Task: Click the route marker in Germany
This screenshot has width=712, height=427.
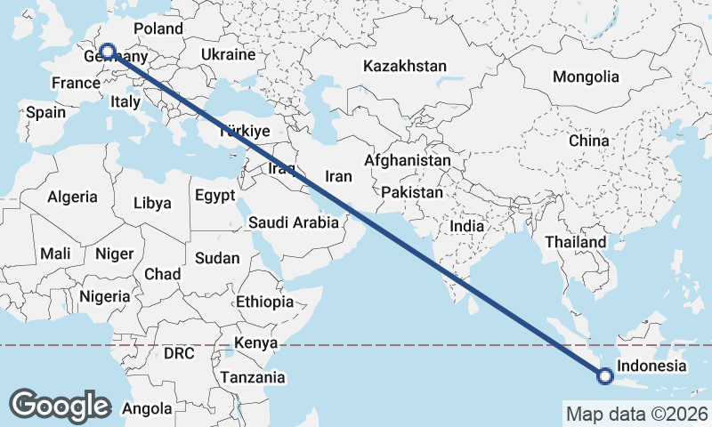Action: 108,52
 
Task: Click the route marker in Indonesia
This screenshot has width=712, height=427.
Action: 605,376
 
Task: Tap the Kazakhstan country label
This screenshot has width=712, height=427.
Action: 404,67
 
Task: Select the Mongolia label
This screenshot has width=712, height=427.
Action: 585,77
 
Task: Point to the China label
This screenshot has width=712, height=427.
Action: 589,141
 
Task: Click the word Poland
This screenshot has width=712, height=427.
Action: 158,28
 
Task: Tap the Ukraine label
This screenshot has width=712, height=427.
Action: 229,54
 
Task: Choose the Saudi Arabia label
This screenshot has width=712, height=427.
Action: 294,222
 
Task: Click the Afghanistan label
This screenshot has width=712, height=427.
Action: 407,161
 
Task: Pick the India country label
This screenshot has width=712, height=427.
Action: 467,226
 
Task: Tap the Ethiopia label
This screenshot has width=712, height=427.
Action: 264,302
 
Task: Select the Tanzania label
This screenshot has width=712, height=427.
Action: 254,377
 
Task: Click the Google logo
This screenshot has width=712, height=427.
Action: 60,405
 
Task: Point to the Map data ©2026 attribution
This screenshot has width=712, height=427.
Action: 636,414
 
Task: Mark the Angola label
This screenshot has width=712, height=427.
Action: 147,409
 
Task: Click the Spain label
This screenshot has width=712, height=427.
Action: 46,113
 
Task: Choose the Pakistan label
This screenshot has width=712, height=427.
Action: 411,192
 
